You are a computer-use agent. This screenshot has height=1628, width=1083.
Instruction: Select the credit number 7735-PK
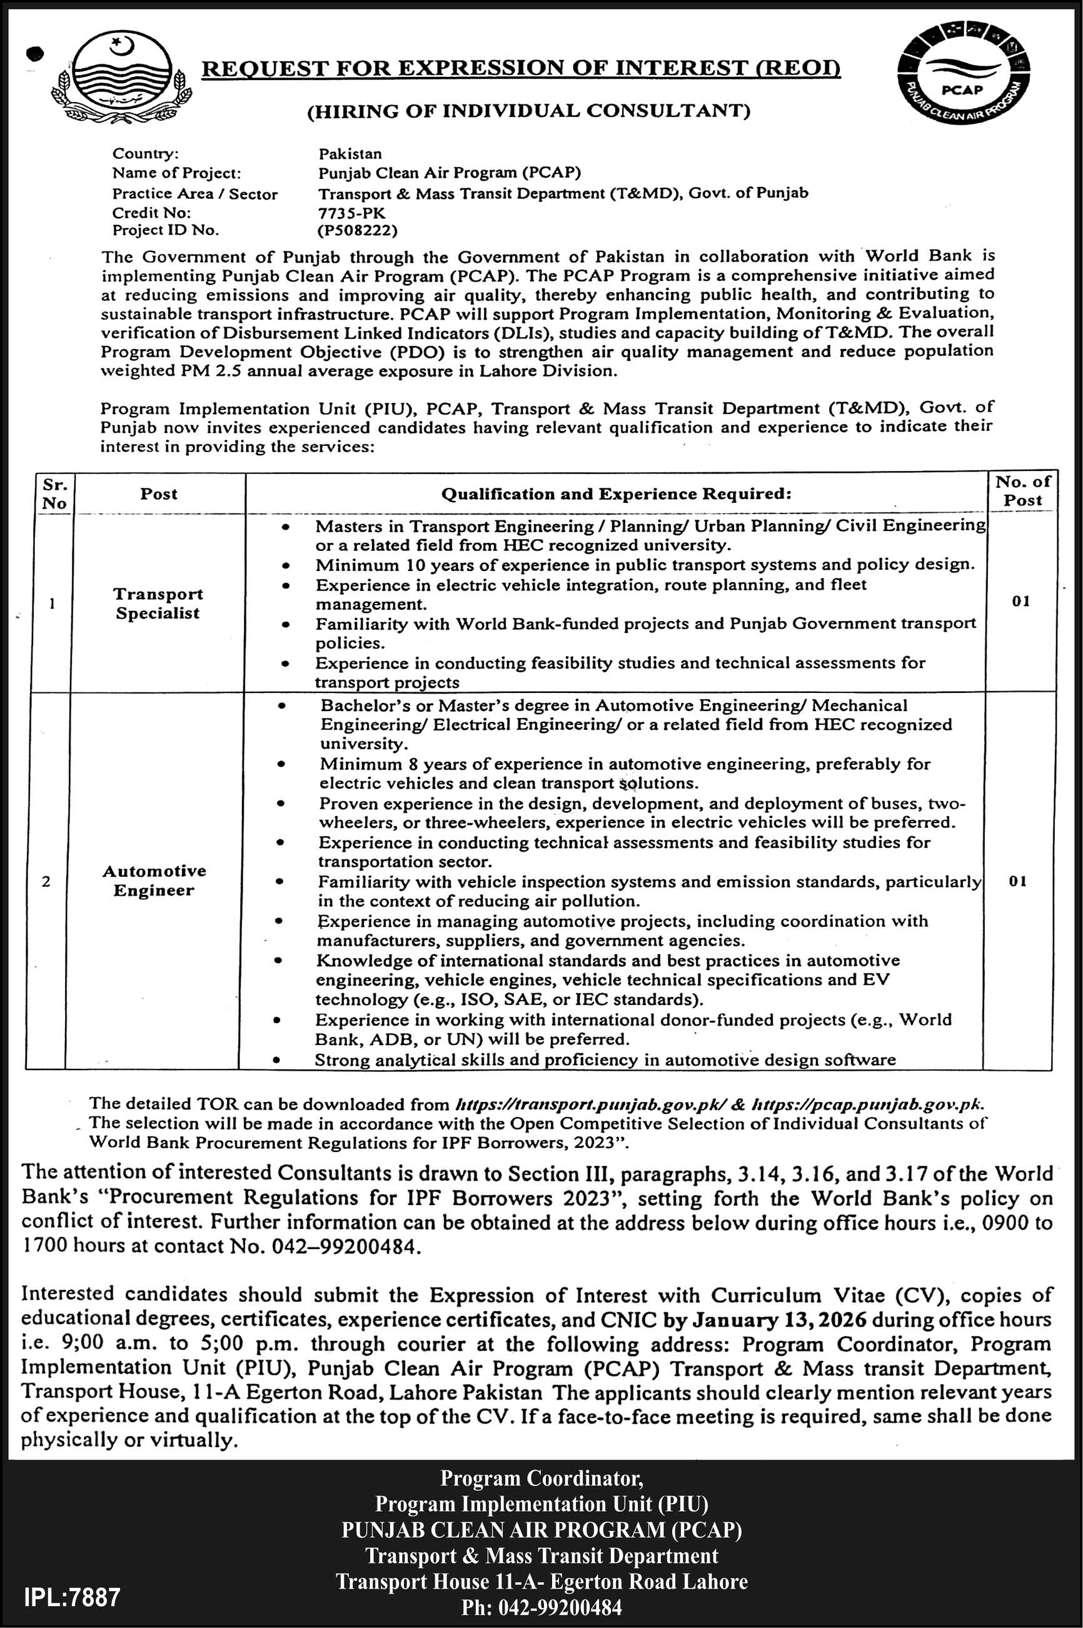[351, 213]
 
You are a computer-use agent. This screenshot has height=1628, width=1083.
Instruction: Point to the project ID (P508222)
[358, 231]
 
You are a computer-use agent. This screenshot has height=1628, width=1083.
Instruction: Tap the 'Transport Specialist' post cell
[158, 604]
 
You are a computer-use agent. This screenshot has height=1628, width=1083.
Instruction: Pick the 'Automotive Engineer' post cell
[154, 881]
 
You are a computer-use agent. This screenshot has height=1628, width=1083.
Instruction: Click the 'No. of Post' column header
[1022, 491]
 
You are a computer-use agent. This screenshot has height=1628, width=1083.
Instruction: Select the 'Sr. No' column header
[54, 494]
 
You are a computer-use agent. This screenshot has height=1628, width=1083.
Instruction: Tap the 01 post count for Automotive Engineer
[1017, 881]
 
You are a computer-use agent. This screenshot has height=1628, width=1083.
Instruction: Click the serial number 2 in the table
[46, 881]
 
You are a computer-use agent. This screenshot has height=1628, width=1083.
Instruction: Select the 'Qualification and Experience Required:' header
[615, 494]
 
